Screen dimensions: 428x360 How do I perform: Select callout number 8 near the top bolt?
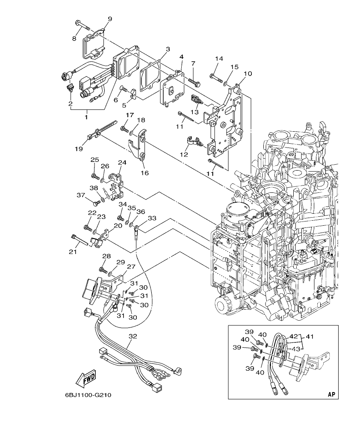[x=74, y=38]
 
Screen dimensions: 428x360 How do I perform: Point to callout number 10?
[x=247, y=74]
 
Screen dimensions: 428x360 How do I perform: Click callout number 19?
[x=78, y=149]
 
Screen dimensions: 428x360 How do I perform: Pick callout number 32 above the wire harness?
[x=133, y=336]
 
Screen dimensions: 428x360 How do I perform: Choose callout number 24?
[x=122, y=162]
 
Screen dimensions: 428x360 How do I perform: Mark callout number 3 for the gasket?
[x=168, y=49]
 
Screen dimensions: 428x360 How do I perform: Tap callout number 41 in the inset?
[x=310, y=336]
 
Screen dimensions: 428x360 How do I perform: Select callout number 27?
[x=131, y=266]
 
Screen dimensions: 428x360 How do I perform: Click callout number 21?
[x=73, y=252]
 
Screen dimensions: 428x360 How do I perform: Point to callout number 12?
[x=184, y=154]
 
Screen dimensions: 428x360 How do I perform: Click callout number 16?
[x=145, y=173]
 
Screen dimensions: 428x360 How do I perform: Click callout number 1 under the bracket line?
[x=86, y=116]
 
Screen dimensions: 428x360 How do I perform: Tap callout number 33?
[x=152, y=218]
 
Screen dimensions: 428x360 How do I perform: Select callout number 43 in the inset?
[x=296, y=349]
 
